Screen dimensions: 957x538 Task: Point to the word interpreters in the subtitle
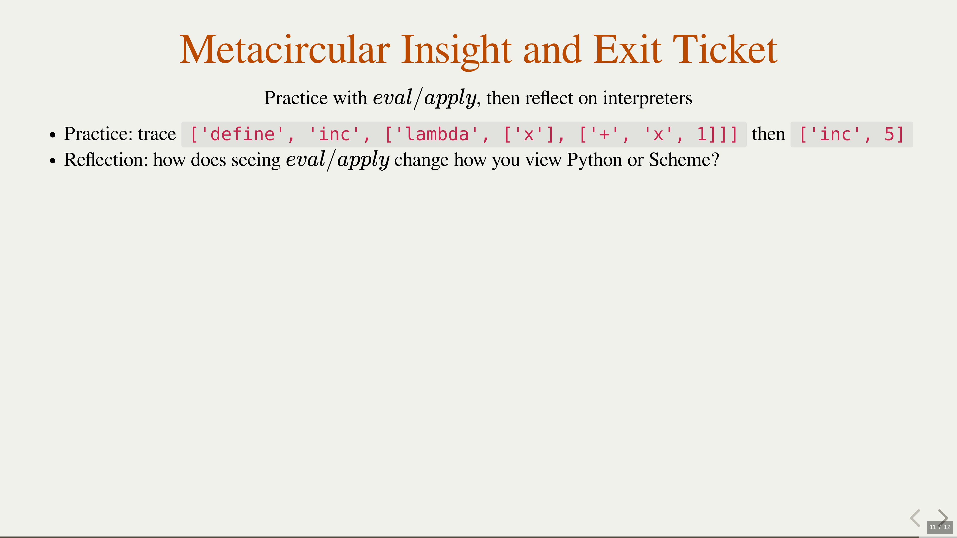[647, 98]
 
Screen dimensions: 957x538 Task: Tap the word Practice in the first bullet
[98, 134]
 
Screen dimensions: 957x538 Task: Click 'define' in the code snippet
[242, 134]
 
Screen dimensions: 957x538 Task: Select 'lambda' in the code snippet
[437, 134]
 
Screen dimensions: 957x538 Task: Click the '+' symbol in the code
[604, 134]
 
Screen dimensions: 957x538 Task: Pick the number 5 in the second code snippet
[889, 134]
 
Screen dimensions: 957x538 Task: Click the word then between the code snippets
[768, 134]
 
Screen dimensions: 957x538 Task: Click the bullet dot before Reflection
[53, 161]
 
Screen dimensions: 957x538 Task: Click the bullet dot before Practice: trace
[53, 135]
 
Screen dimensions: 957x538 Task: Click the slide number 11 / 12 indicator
[940, 527]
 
